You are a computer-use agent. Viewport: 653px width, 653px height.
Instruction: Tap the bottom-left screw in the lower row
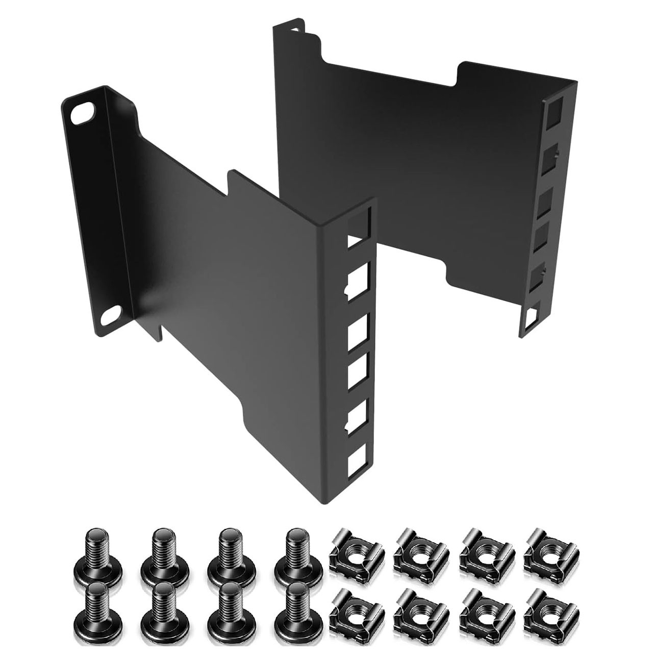94,612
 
